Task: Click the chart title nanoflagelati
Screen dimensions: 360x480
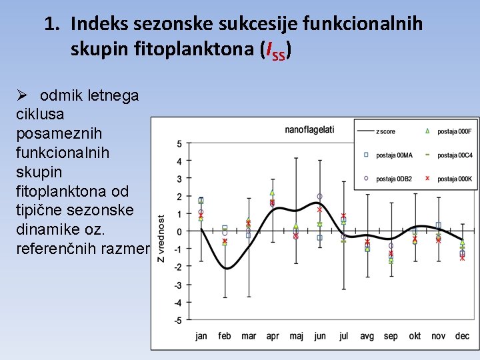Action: [x=309, y=129]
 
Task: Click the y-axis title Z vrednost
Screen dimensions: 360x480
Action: [x=161, y=238]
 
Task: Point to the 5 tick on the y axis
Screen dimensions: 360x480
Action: [x=179, y=144]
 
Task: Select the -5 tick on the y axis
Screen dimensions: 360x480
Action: [x=177, y=321]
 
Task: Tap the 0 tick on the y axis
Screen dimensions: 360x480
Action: [x=179, y=232]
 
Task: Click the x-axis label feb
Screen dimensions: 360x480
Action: [x=225, y=336]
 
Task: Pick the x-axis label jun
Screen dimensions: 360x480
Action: [x=319, y=336]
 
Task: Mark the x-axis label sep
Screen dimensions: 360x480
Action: [x=391, y=336]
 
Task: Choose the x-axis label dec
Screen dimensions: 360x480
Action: [x=462, y=336]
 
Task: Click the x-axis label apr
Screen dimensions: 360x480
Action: [x=272, y=336]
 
